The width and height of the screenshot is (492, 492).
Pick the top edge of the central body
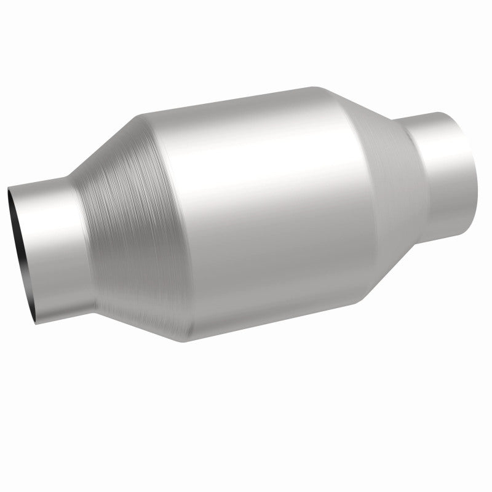pos(234,101)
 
